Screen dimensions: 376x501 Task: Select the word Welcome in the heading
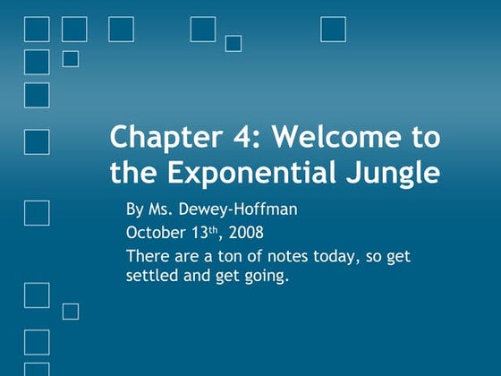click(x=332, y=139)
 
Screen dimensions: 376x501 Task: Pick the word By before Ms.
click(x=135, y=210)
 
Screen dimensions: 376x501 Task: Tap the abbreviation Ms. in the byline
click(x=162, y=210)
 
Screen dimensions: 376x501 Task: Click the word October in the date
click(x=154, y=234)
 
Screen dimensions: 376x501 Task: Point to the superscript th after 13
click(x=212, y=230)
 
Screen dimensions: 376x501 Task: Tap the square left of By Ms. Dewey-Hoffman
click(x=37, y=212)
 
